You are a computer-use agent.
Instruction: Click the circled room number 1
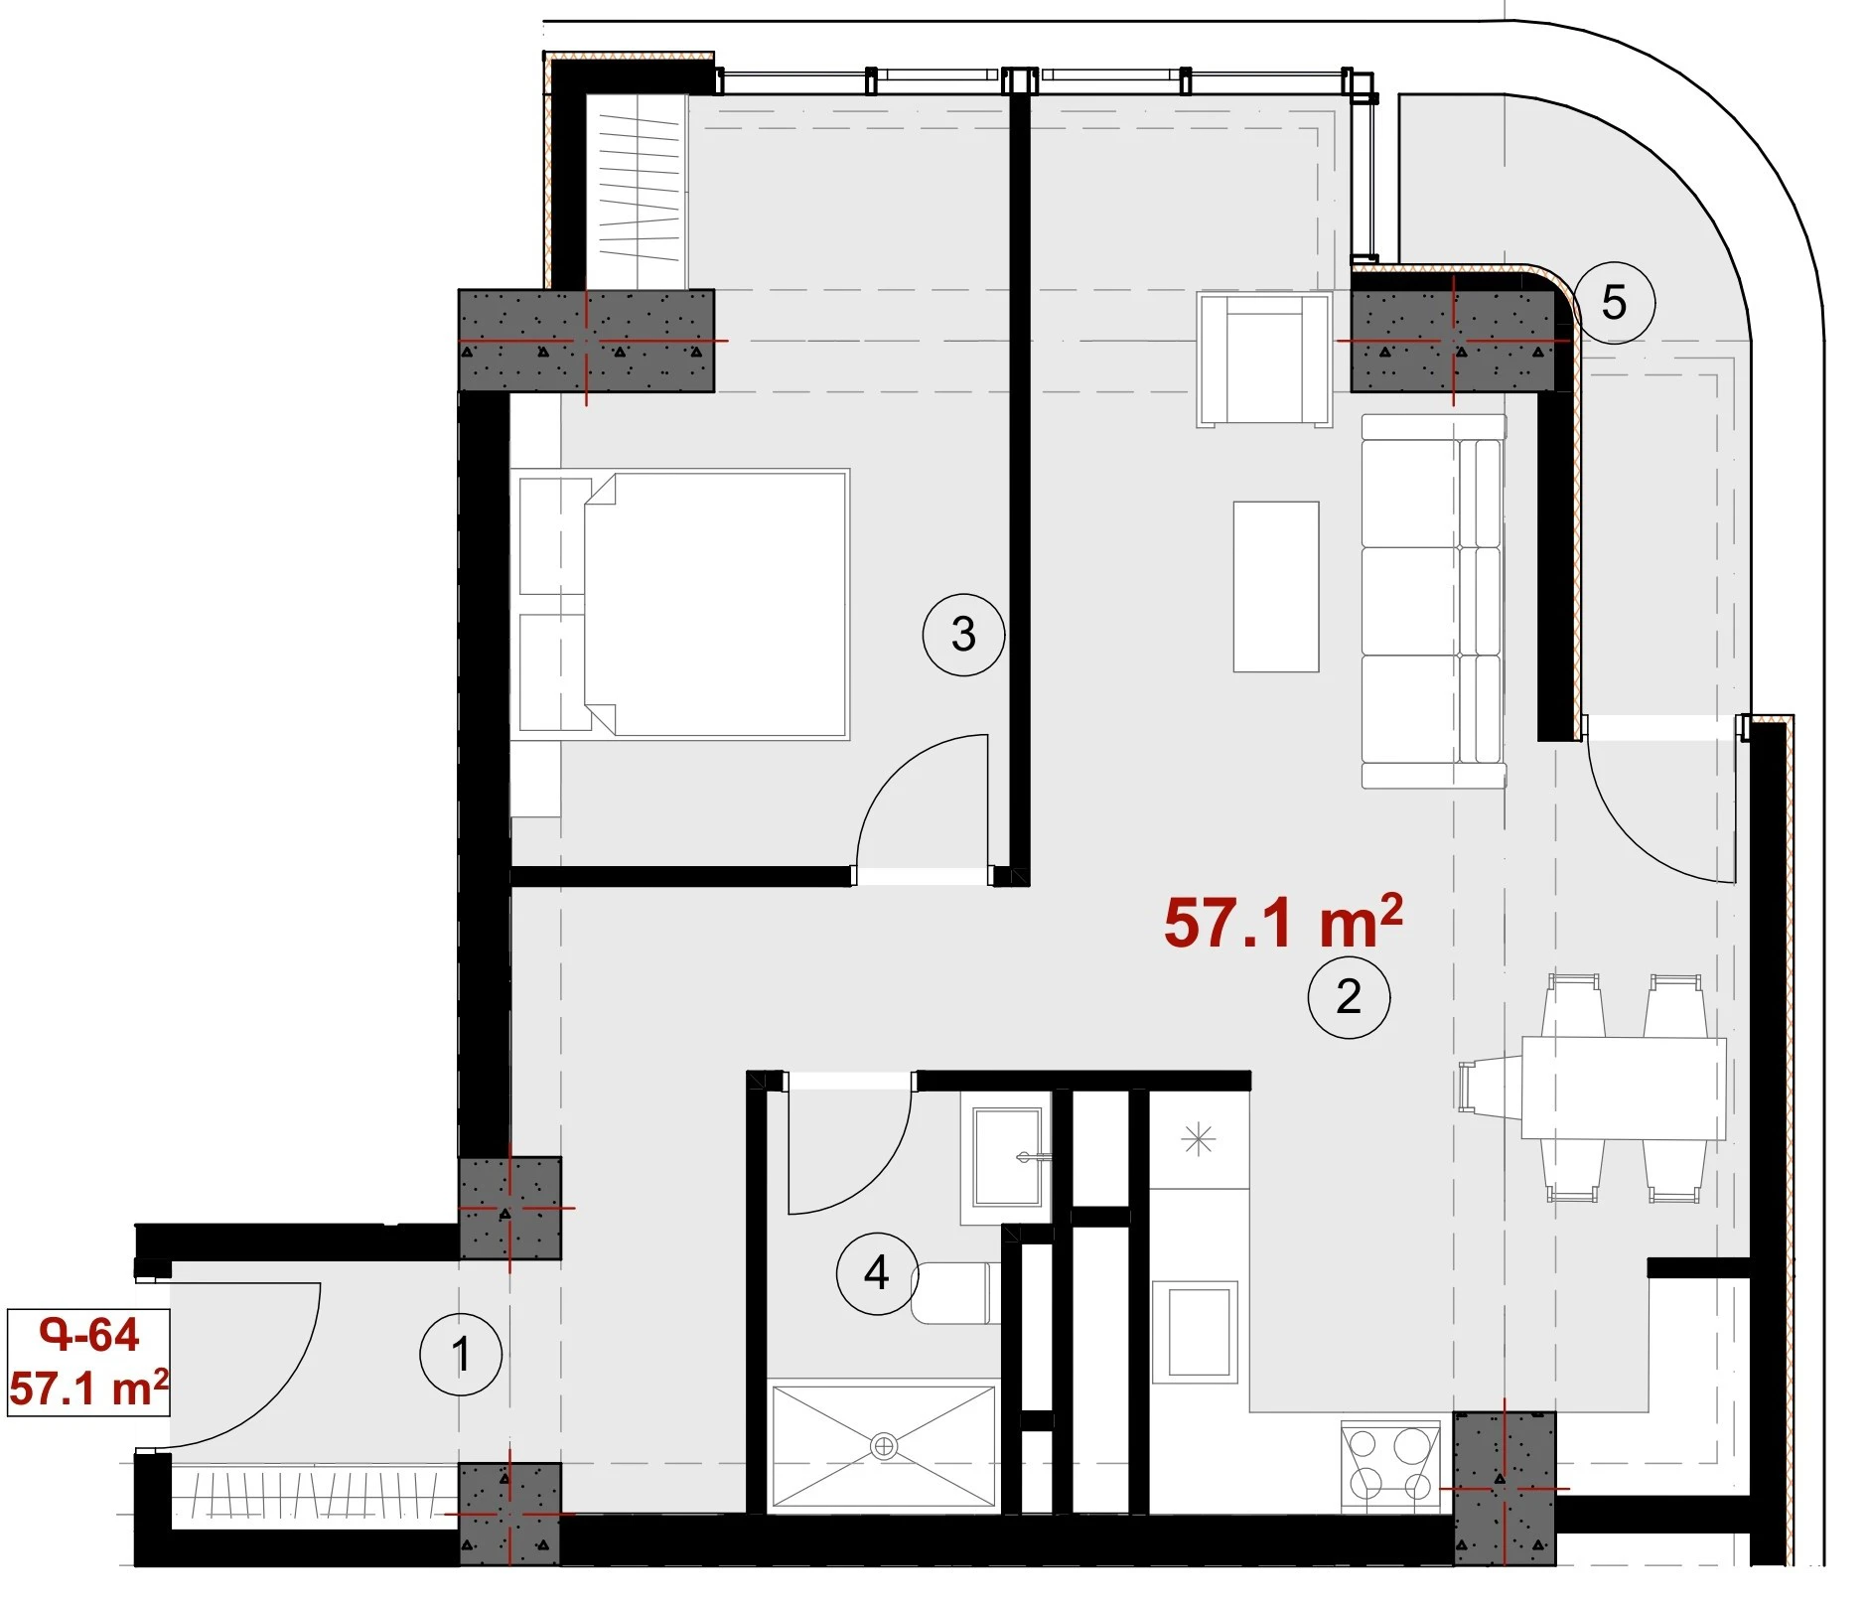[x=461, y=1354]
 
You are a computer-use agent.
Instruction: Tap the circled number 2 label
[x=1348, y=997]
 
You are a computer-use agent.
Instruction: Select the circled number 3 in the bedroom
[x=963, y=634]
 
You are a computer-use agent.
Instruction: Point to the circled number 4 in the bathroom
[x=877, y=1272]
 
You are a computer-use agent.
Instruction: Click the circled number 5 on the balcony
[x=1614, y=302]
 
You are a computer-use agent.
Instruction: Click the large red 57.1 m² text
[x=1283, y=922]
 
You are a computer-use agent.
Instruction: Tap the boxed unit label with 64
[x=88, y=1362]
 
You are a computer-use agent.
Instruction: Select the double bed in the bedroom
[x=681, y=604]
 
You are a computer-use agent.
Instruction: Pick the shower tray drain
[x=883, y=1446]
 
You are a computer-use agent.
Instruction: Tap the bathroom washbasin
[x=1006, y=1157]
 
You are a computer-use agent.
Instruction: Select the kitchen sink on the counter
[x=1196, y=1331]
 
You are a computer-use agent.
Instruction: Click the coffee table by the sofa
[x=1276, y=586]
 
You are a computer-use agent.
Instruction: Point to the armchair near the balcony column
[x=1264, y=360]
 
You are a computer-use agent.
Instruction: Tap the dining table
[x=1624, y=1088]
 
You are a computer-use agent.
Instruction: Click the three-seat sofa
[x=1433, y=601]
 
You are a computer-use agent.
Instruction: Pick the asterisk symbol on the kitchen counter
[x=1199, y=1138]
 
